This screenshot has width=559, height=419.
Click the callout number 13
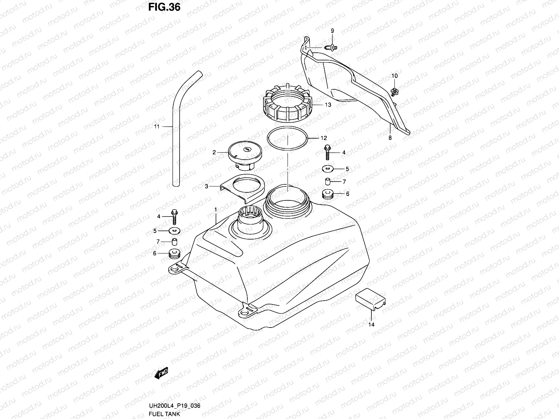pos(328,105)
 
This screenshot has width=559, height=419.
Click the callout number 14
pos(371,324)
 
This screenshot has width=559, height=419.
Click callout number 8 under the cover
pos(390,138)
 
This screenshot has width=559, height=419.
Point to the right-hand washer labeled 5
pos(328,169)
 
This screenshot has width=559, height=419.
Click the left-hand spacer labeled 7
pos(174,242)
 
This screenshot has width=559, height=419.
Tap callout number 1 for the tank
pos(216,209)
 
